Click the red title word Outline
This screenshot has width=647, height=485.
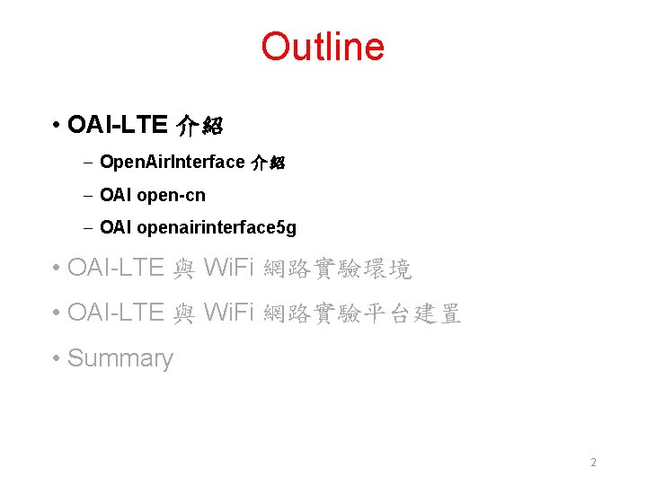[x=323, y=47]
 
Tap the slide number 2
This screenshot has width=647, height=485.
[x=593, y=463]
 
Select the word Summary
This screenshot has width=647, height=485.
[x=120, y=358]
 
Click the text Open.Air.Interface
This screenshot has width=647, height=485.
[x=173, y=162]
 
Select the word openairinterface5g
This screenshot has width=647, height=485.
[x=217, y=228]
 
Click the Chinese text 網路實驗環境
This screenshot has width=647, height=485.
[x=336, y=268]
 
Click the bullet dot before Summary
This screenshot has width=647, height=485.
[x=56, y=359]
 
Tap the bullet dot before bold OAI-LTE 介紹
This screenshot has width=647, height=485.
[x=56, y=126]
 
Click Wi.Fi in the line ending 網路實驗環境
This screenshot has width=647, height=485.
[x=229, y=268]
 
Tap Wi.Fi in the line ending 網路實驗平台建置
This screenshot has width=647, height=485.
[x=229, y=313]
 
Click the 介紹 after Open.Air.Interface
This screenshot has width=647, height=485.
[x=267, y=163]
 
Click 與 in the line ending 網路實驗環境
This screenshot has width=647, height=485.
[x=183, y=268]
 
